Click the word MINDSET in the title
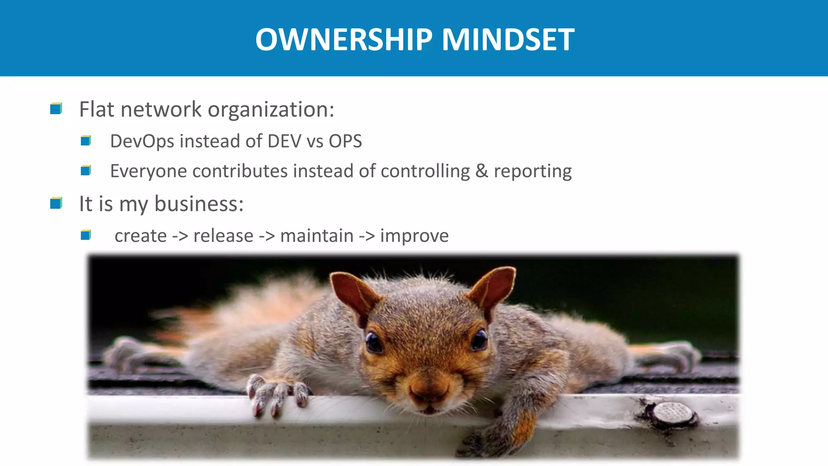508,40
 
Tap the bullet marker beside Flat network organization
56,109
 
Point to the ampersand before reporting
481,171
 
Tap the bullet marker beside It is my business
56,203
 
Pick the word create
140,236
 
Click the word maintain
317,236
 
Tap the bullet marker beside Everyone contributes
86,171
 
